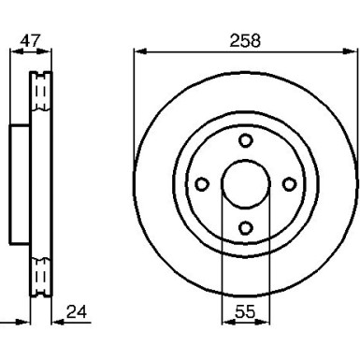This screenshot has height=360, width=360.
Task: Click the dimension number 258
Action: click(245, 40)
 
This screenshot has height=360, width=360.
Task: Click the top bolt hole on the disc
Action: click(246, 140)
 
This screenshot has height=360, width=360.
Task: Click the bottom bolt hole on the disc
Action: click(246, 227)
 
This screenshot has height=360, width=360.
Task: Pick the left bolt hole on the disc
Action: click(202, 183)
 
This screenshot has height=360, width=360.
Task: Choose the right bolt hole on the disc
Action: click(290, 183)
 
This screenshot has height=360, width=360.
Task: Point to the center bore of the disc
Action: click(246, 183)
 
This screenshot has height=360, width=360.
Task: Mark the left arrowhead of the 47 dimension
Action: click(15, 52)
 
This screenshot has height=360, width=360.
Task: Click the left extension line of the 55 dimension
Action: click(222, 262)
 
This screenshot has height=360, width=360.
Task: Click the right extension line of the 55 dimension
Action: click(269, 262)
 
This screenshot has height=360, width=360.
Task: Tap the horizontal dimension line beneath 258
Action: click(187, 52)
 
